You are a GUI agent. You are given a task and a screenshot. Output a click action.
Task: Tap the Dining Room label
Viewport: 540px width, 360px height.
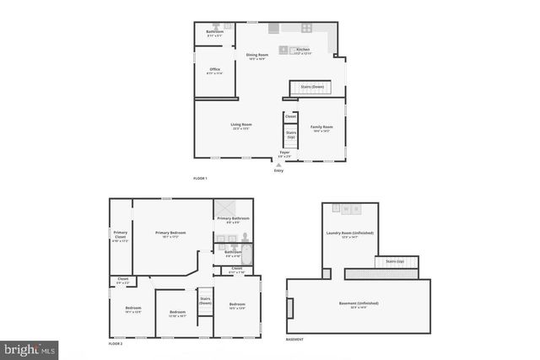(256, 56)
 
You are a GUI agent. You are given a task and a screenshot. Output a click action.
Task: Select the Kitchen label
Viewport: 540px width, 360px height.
(303, 51)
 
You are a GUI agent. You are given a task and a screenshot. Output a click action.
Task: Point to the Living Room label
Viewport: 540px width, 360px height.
(242, 126)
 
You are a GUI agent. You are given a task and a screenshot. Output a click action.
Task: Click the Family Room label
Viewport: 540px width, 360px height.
(321, 128)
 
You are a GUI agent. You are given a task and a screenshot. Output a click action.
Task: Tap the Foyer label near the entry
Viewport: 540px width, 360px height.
(284, 154)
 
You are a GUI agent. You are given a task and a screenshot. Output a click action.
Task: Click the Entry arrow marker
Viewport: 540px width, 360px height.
(279, 165)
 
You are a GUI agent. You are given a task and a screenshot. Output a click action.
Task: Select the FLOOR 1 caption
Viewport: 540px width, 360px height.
(200, 179)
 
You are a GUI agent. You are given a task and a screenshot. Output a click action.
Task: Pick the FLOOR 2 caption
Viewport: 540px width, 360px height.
(116, 344)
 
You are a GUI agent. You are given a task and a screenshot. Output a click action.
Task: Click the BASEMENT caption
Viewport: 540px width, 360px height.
(295, 339)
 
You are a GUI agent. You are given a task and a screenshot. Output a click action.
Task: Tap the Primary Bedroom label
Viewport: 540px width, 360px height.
(170, 234)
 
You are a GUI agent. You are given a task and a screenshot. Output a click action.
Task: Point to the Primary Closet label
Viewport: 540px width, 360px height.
(121, 236)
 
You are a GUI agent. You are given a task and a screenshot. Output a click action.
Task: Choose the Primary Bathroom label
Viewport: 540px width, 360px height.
(233, 219)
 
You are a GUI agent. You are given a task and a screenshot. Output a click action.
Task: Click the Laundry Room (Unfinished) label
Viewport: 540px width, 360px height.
(349, 234)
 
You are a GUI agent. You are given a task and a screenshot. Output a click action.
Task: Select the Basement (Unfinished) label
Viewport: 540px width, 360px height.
(358, 304)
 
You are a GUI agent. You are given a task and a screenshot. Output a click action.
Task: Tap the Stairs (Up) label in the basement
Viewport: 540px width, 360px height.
(394, 261)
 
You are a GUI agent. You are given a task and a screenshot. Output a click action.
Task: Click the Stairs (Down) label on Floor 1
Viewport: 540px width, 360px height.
(312, 87)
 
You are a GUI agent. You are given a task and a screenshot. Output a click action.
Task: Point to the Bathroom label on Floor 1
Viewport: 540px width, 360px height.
(214, 33)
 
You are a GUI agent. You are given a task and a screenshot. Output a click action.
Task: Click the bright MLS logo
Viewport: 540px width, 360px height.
(30, 348)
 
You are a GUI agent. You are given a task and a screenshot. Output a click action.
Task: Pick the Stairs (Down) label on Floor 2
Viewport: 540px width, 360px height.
(205, 299)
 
